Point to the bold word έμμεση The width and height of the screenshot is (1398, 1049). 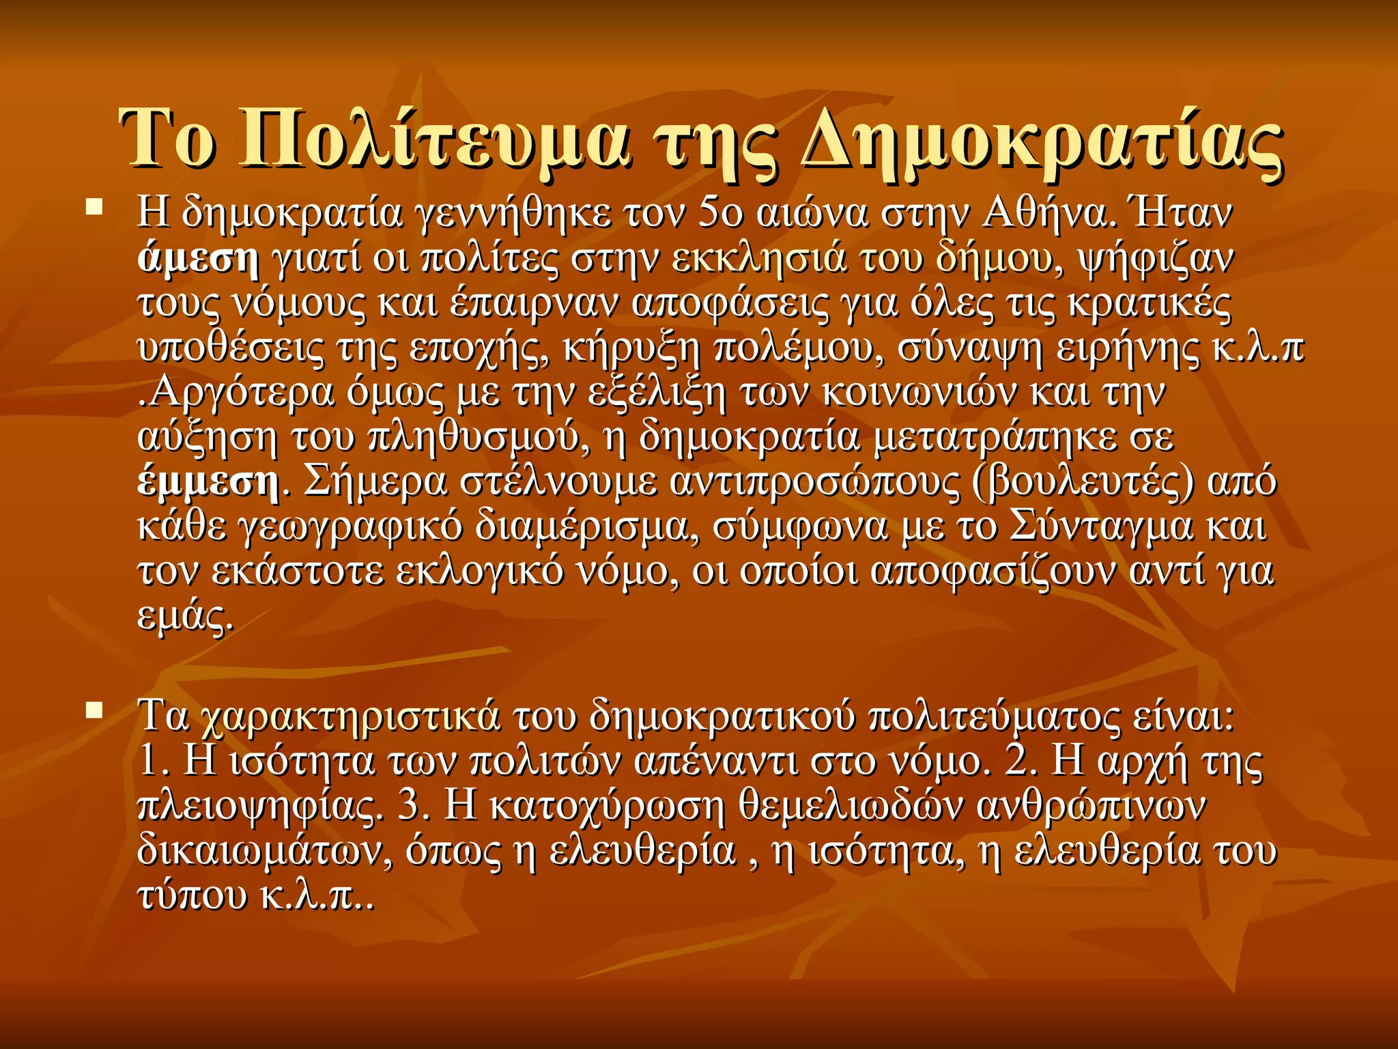click(x=208, y=483)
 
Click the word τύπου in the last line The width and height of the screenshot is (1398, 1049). click(x=192, y=896)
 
